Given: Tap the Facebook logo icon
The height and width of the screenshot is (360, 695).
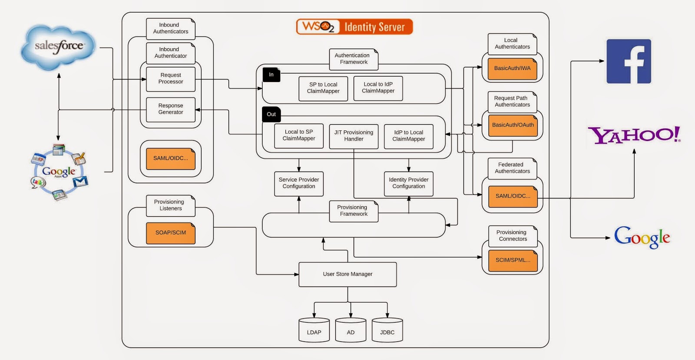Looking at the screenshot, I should pyautogui.click(x=629, y=61).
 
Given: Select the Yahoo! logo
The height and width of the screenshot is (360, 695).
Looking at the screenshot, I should pyautogui.click(x=634, y=135).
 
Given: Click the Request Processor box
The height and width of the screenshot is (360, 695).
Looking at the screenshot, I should pyautogui.click(x=171, y=79).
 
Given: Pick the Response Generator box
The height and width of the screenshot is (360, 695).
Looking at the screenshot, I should pyautogui.click(x=171, y=109).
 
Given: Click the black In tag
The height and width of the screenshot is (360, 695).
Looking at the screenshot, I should pyautogui.click(x=271, y=75).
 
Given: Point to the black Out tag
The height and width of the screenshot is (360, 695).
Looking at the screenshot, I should pyautogui.click(x=271, y=114).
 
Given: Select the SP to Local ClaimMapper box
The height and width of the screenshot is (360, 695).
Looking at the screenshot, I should pyautogui.click(x=323, y=88).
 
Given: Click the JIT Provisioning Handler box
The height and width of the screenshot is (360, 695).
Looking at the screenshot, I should pyautogui.click(x=354, y=136).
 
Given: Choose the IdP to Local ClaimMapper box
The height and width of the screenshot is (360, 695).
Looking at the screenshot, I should pyautogui.click(x=408, y=136).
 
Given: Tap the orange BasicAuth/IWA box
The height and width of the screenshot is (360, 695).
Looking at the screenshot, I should pyautogui.click(x=512, y=69).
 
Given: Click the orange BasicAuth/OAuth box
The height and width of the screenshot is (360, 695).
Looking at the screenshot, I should pyautogui.click(x=513, y=125).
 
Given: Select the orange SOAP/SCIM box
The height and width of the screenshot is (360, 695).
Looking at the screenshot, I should pyautogui.click(x=171, y=233).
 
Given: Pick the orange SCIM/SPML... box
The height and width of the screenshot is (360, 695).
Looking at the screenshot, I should pyautogui.click(x=513, y=260).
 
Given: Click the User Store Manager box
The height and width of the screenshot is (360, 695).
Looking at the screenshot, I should pyautogui.click(x=347, y=274).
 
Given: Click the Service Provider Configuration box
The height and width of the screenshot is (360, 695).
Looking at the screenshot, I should pyautogui.click(x=299, y=183).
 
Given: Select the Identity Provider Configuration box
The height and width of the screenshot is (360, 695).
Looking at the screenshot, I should pyautogui.click(x=408, y=183).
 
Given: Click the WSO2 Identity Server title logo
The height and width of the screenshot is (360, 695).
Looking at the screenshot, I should pyautogui.click(x=354, y=27).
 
